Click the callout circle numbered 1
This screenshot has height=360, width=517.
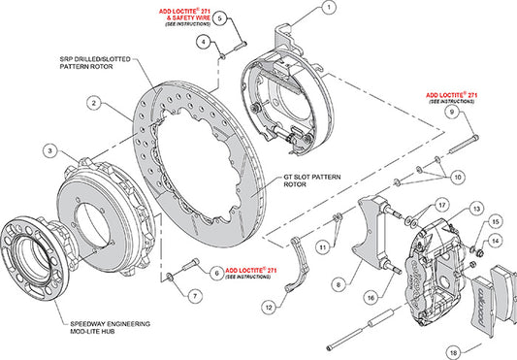[x=330, y=8]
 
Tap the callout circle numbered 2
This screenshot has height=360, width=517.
[x=94, y=102]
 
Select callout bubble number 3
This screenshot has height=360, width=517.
[x=47, y=149]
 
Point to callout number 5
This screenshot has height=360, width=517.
[x=219, y=18]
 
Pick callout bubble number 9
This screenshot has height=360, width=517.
[x=451, y=113]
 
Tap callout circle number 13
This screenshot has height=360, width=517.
[x=476, y=209]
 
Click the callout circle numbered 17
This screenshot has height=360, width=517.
[x=441, y=205]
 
